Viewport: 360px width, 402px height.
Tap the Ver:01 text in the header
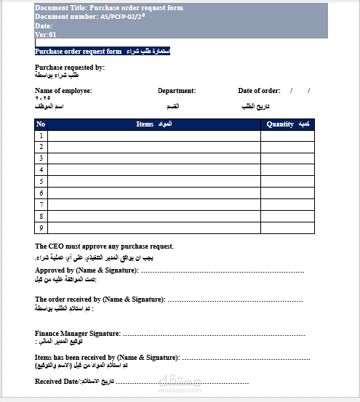point(45,34)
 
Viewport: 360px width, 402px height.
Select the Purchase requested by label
point(70,67)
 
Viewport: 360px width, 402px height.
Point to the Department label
point(177,91)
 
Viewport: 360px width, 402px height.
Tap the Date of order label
point(259,91)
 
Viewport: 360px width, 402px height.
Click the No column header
point(41,124)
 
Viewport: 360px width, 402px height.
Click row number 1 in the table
point(41,135)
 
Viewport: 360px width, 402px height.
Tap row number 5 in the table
point(41,182)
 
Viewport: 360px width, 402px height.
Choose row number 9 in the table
point(41,228)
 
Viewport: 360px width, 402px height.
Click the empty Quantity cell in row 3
point(287,158)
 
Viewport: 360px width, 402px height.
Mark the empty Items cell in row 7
point(153,205)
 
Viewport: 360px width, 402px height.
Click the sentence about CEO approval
point(104,246)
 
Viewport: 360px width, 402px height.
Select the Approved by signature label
point(87,270)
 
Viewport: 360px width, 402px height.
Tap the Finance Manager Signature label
point(76,333)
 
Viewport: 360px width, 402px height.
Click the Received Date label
point(57,381)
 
